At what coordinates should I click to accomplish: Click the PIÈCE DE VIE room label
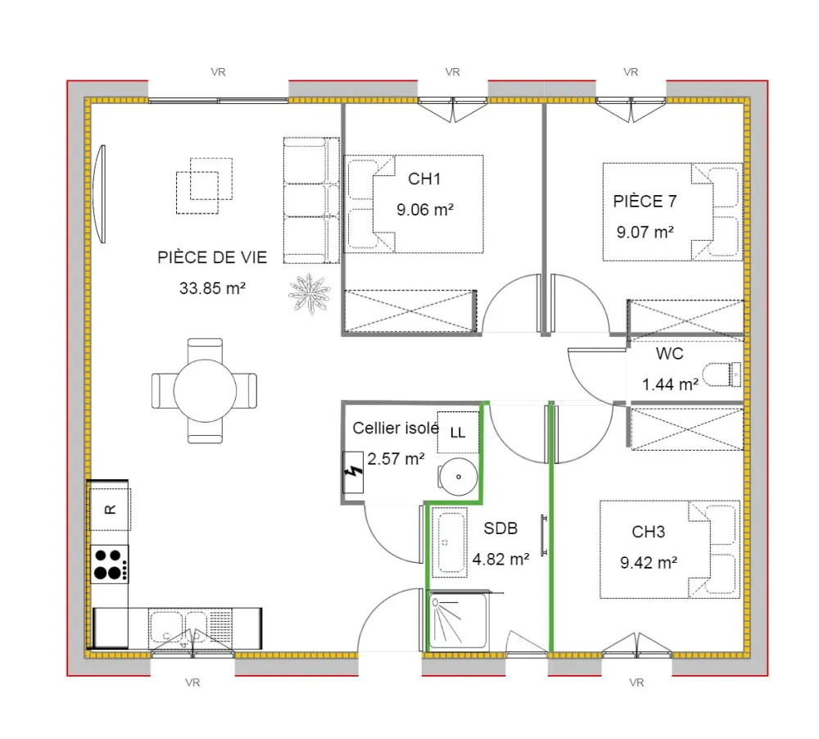pos(212,257)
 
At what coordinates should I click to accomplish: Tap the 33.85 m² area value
pos(213,288)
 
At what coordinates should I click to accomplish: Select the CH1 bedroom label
pos(424,179)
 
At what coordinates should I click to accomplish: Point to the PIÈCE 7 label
pos(645,202)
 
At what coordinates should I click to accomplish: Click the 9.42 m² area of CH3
pos(649,563)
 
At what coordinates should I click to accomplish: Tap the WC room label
pos(670,354)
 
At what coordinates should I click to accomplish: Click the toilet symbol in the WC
pos(722,374)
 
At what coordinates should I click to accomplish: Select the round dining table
pos(205,391)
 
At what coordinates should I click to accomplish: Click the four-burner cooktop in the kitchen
pos(110,564)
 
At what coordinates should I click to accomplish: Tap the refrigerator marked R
pos(110,510)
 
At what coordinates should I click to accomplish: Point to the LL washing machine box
pos(458,433)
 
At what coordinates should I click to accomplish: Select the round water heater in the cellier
pos(458,477)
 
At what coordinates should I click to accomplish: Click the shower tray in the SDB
pos(458,620)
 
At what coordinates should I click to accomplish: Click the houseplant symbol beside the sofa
pos(310,294)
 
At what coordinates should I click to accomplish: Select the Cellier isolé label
pos(396,428)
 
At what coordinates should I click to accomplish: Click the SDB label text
pos(500,528)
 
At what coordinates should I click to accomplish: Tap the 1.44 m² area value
pos(670,384)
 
